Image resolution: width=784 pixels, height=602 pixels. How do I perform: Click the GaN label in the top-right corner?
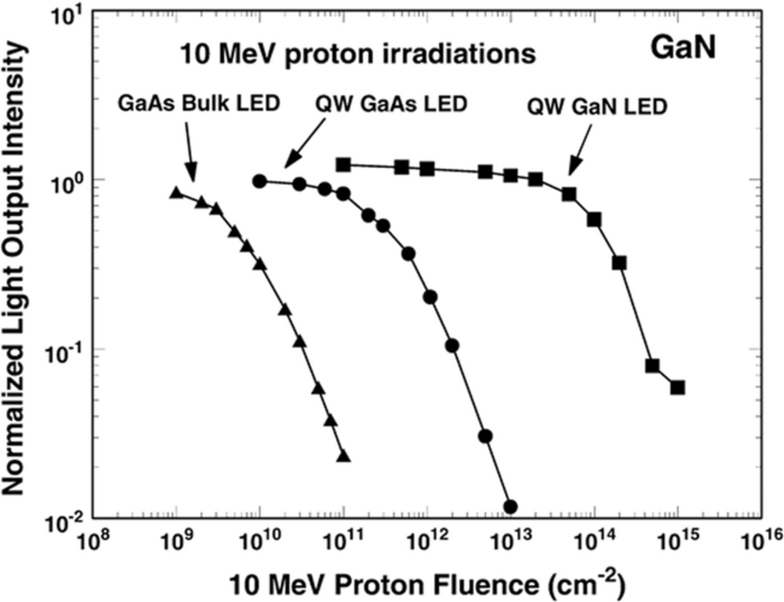click(x=683, y=48)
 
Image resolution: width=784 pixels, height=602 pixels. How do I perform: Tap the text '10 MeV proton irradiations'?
click(x=357, y=55)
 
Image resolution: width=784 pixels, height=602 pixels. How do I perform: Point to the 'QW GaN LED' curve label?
click(x=597, y=107)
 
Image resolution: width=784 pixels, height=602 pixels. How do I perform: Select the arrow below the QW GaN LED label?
click(x=580, y=150)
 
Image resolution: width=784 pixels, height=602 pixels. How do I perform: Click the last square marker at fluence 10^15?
click(x=677, y=387)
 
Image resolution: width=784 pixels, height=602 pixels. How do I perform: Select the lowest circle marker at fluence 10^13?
click(x=510, y=507)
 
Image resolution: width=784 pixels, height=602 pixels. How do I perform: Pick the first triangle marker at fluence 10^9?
click(x=176, y=193)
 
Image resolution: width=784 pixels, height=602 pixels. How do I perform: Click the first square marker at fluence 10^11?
click(x=343, y=165)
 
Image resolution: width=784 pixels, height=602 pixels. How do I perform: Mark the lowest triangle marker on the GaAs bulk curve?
click(x=344, y=456)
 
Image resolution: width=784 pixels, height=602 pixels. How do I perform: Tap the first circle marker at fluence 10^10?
click(x=260, y=181)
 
